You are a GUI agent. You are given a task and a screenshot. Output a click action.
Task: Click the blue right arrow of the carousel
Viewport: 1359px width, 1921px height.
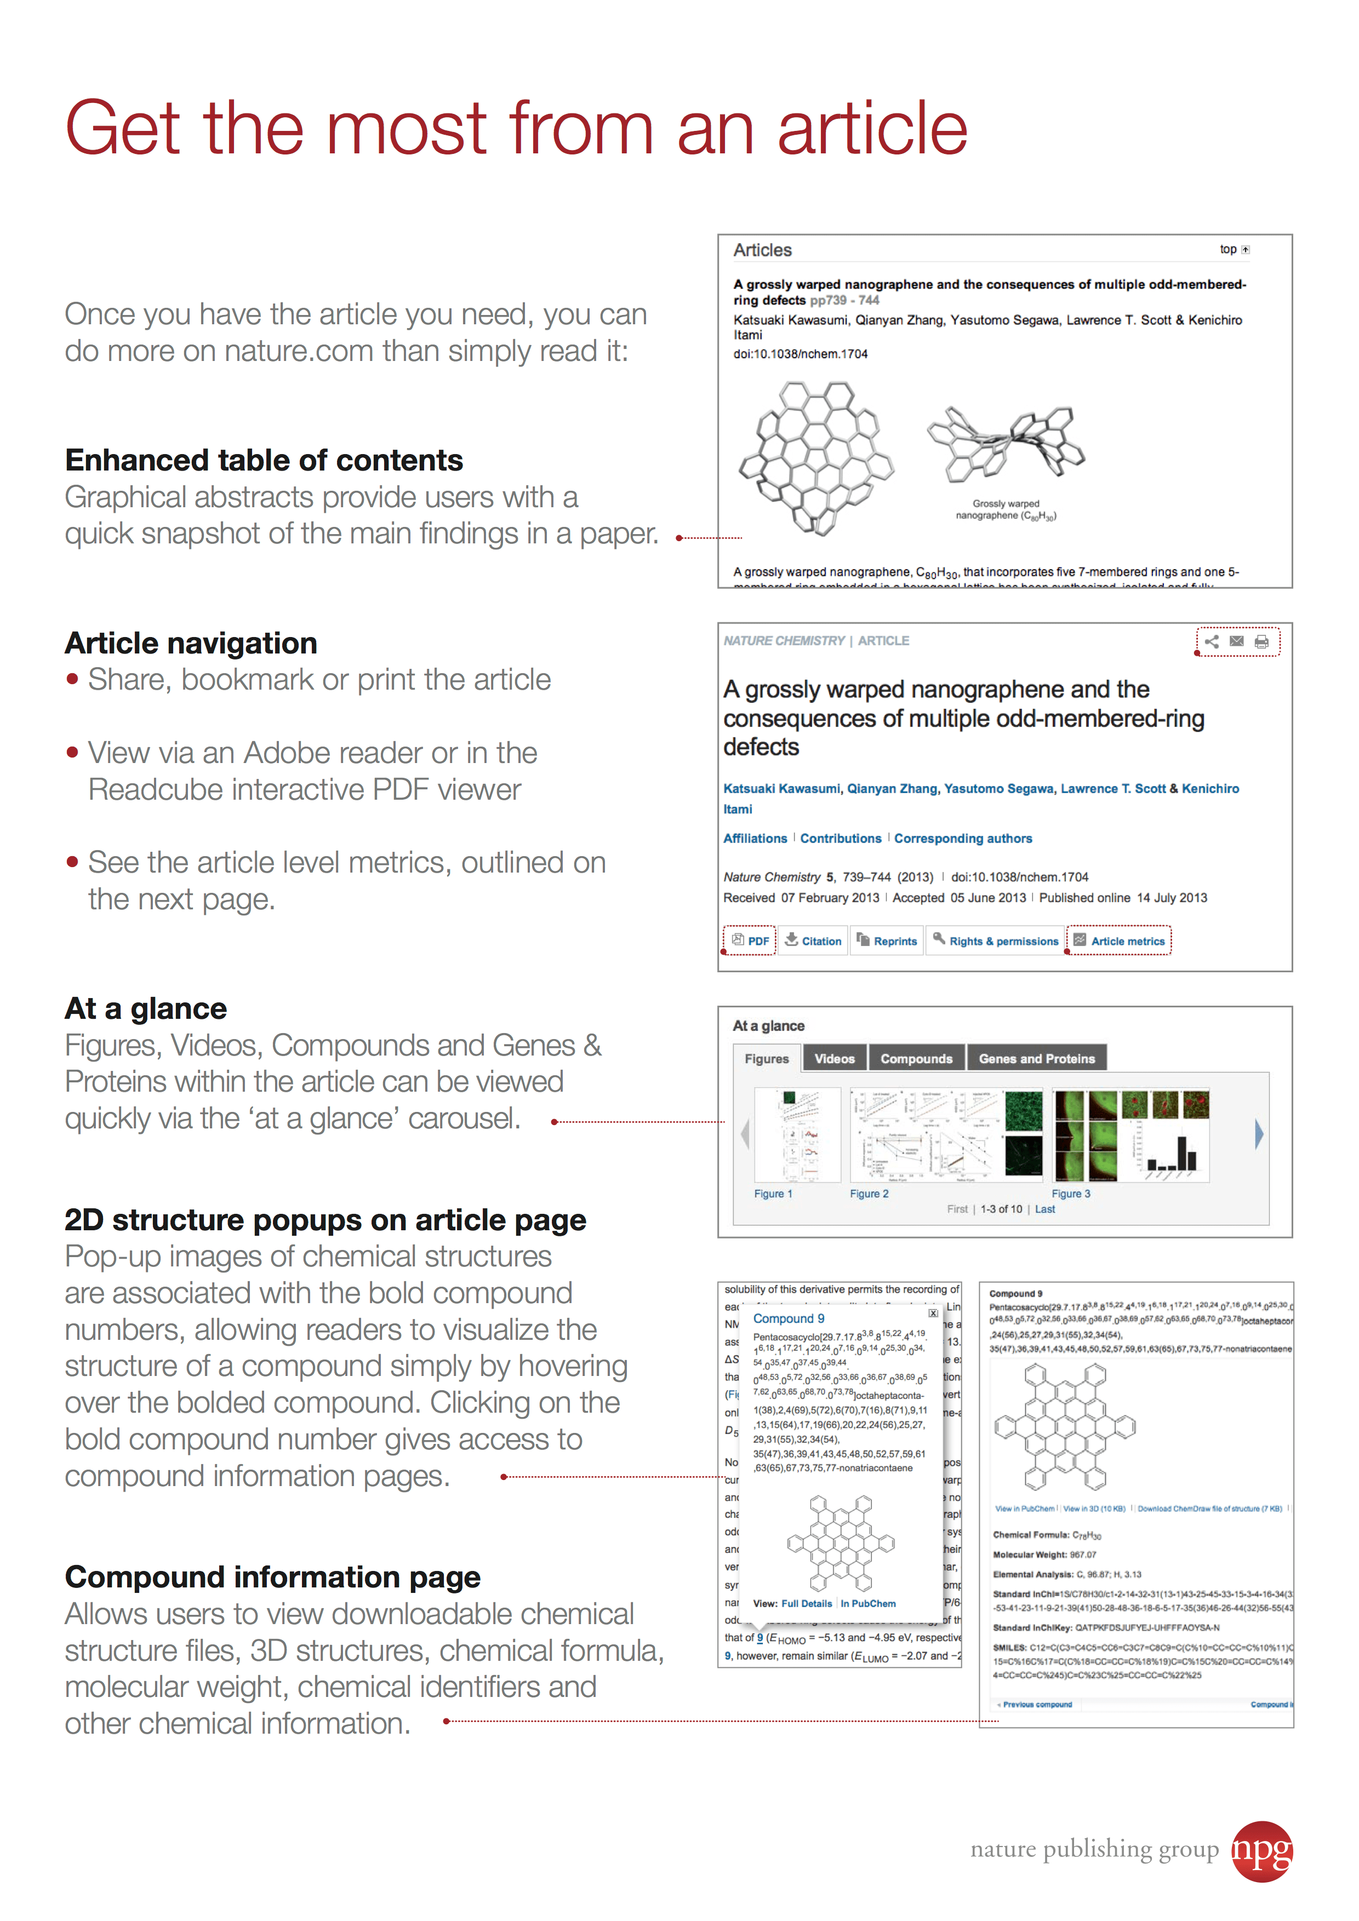(x=1259, y=1134)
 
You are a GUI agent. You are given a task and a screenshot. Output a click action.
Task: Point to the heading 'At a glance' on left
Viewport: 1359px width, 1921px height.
(x=146, y=1008)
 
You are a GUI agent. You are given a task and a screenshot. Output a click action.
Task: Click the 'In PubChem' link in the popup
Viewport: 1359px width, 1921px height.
(x=868, y=1604)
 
